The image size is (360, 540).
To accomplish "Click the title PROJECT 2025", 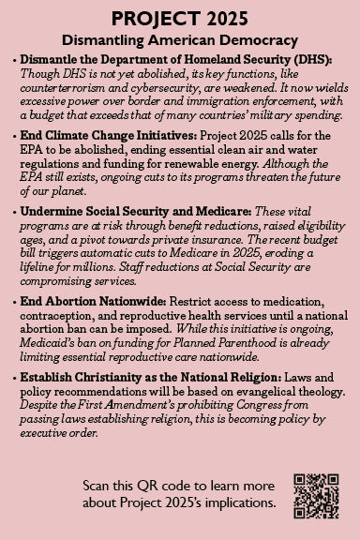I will pyautogui.click(x=180, y=18).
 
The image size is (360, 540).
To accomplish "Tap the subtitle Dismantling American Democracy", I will pyautogui.click(x=180, y=40).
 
